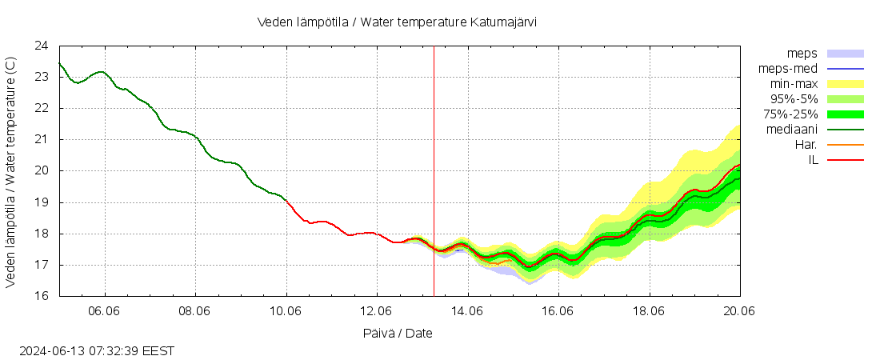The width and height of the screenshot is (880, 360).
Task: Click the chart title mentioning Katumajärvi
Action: click(397, 22)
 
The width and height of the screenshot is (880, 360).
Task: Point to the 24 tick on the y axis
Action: click(42, 46)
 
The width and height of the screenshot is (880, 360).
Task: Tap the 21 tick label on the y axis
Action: click(42, 139)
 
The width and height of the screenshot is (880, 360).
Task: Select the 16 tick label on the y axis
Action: click(42, 296)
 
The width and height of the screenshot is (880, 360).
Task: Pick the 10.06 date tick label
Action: click(286, 311)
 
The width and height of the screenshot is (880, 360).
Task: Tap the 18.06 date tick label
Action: click(649, 311)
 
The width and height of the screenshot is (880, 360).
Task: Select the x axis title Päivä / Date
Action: click(397, 333)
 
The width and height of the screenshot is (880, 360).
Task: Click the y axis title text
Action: click(11, 171)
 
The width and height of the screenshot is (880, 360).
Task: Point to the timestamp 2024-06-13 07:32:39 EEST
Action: click(97, 350)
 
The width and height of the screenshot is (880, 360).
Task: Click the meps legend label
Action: click(802, 54)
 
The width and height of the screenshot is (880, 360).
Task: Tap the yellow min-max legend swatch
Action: click(846, 84)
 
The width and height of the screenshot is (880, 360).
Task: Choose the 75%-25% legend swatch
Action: click(846, 114)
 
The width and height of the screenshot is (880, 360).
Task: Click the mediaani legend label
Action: click(791, 130)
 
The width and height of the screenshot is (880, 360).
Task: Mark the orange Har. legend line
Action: click(846, 145)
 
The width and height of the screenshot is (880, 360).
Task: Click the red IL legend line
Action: click(846, 160)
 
